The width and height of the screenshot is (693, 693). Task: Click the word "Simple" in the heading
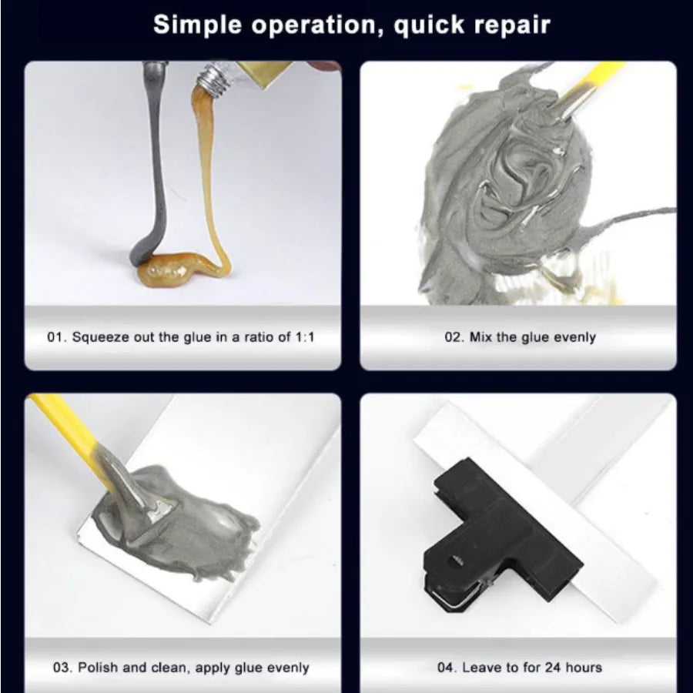click(197, 25)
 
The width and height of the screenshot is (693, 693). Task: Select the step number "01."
click(57, 337)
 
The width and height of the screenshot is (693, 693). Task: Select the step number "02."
click(455, 337)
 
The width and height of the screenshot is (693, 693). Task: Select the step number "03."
click(63, 668)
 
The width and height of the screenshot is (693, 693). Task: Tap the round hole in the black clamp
click(455, 562)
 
